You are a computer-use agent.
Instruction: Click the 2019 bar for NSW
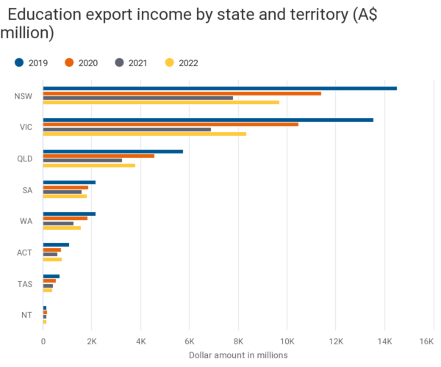pyautogui.click(x=220, y=89)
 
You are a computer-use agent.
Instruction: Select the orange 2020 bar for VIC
pyautogui.click(x=171, y=124)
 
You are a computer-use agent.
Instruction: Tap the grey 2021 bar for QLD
pyautogui.click(x=82, y=160)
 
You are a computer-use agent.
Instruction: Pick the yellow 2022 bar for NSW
pyautogui.click(x=161, y=103)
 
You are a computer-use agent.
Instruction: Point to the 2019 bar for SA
pyautogui.click(x=69, y=183)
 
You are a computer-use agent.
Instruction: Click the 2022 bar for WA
pyautogui.click(x=62, y=228)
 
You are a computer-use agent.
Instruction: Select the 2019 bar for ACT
pyautogui.click(x=56, y=245)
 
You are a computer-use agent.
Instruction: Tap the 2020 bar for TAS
pyautogui.click(x=49, y=281)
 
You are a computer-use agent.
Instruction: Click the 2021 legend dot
pyautogui.click(x=120, y=62)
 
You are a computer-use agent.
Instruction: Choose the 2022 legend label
pyautogui.click(x=188, y=63)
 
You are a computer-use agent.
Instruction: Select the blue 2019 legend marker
pyautogui.click(x=19, y=62)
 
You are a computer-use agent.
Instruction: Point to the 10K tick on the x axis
pyautogui.click(x=287, y=341)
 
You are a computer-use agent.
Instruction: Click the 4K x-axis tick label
pyautogui.click(x=141, y=341)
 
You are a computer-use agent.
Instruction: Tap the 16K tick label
pyautogui.click(x=426, y=341)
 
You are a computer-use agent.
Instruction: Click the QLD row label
pyautogui.click(x=25, y=159)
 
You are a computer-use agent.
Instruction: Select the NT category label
pyautogui.click(x=26, y=315)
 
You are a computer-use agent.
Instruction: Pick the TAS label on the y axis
pyautogui.click(x=25, y=284)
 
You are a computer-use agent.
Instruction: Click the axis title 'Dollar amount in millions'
pyautogui.click(x=238, y=355)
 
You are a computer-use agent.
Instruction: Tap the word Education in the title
pyautogui.click(x=44, y=15)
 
